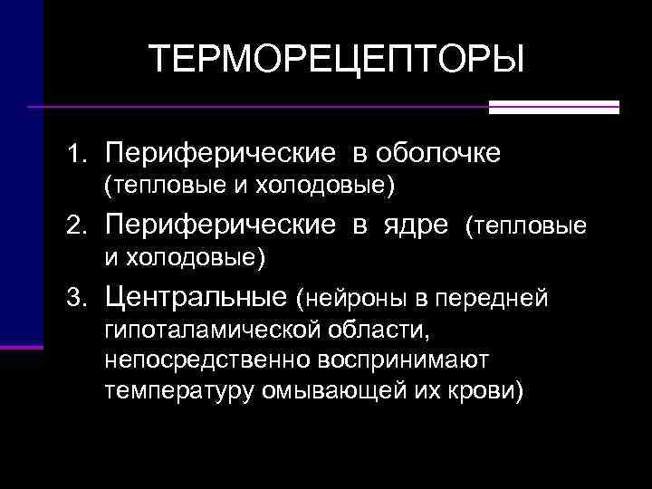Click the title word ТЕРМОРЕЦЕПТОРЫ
(337, 60)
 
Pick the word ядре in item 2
(413, 223)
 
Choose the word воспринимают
(403, 360)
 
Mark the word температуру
(171, 392)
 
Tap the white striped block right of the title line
(553, 107)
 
